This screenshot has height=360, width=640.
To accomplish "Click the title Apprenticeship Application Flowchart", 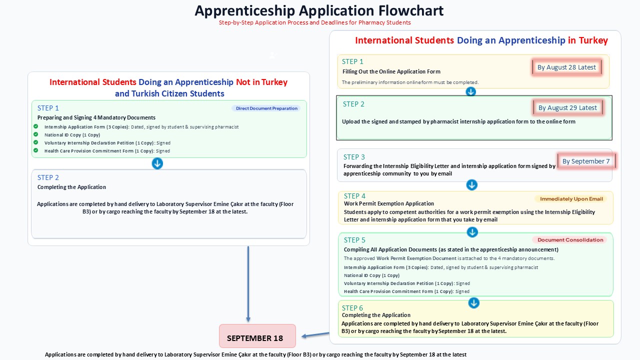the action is tap(319, 11).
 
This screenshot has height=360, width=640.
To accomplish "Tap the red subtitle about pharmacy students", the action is tap(315, 22).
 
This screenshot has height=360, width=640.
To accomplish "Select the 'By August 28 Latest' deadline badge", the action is tap(566, 67).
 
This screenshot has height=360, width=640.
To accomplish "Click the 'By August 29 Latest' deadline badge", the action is tap(567, 107).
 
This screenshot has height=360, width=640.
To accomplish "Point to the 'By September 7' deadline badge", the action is tap(586, 161).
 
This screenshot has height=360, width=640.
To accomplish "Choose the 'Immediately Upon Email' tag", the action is tap(571, 199).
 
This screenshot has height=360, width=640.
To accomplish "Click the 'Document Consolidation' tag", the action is tap(570, 239).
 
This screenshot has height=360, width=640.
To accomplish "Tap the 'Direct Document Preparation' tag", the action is tap(266, 108).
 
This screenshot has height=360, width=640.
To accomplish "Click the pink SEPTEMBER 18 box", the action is tap(257, 336).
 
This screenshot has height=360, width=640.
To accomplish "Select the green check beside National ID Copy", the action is tap(35, 134).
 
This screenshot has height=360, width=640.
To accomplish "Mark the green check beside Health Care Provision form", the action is tap(35, 150).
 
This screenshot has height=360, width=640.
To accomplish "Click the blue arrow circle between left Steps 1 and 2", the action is tap(157, 163).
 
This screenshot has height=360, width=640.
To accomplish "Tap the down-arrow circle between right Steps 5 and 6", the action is tap(473, 303).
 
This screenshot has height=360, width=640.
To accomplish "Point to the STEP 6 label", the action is tap(352, 308).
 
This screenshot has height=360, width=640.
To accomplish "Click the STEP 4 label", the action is tap(354, 196).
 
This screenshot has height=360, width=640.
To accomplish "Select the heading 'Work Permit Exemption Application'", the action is tap(389, 203).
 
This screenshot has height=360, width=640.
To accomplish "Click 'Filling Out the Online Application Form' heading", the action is tap(391, 71).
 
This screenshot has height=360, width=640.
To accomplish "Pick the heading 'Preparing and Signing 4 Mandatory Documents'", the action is tap(96, 117).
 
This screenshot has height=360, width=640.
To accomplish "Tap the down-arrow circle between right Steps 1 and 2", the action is tap(471, 91).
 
